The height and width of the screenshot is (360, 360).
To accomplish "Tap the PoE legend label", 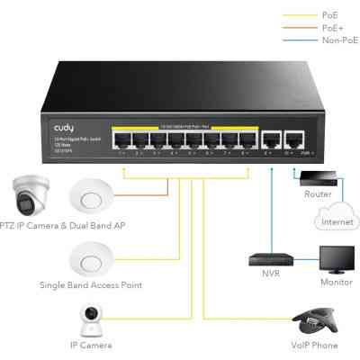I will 331,16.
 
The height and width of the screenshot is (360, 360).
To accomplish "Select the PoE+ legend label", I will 333,28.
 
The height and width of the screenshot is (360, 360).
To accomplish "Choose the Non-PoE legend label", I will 337,40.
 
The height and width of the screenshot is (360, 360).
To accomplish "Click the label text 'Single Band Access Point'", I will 91,285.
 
